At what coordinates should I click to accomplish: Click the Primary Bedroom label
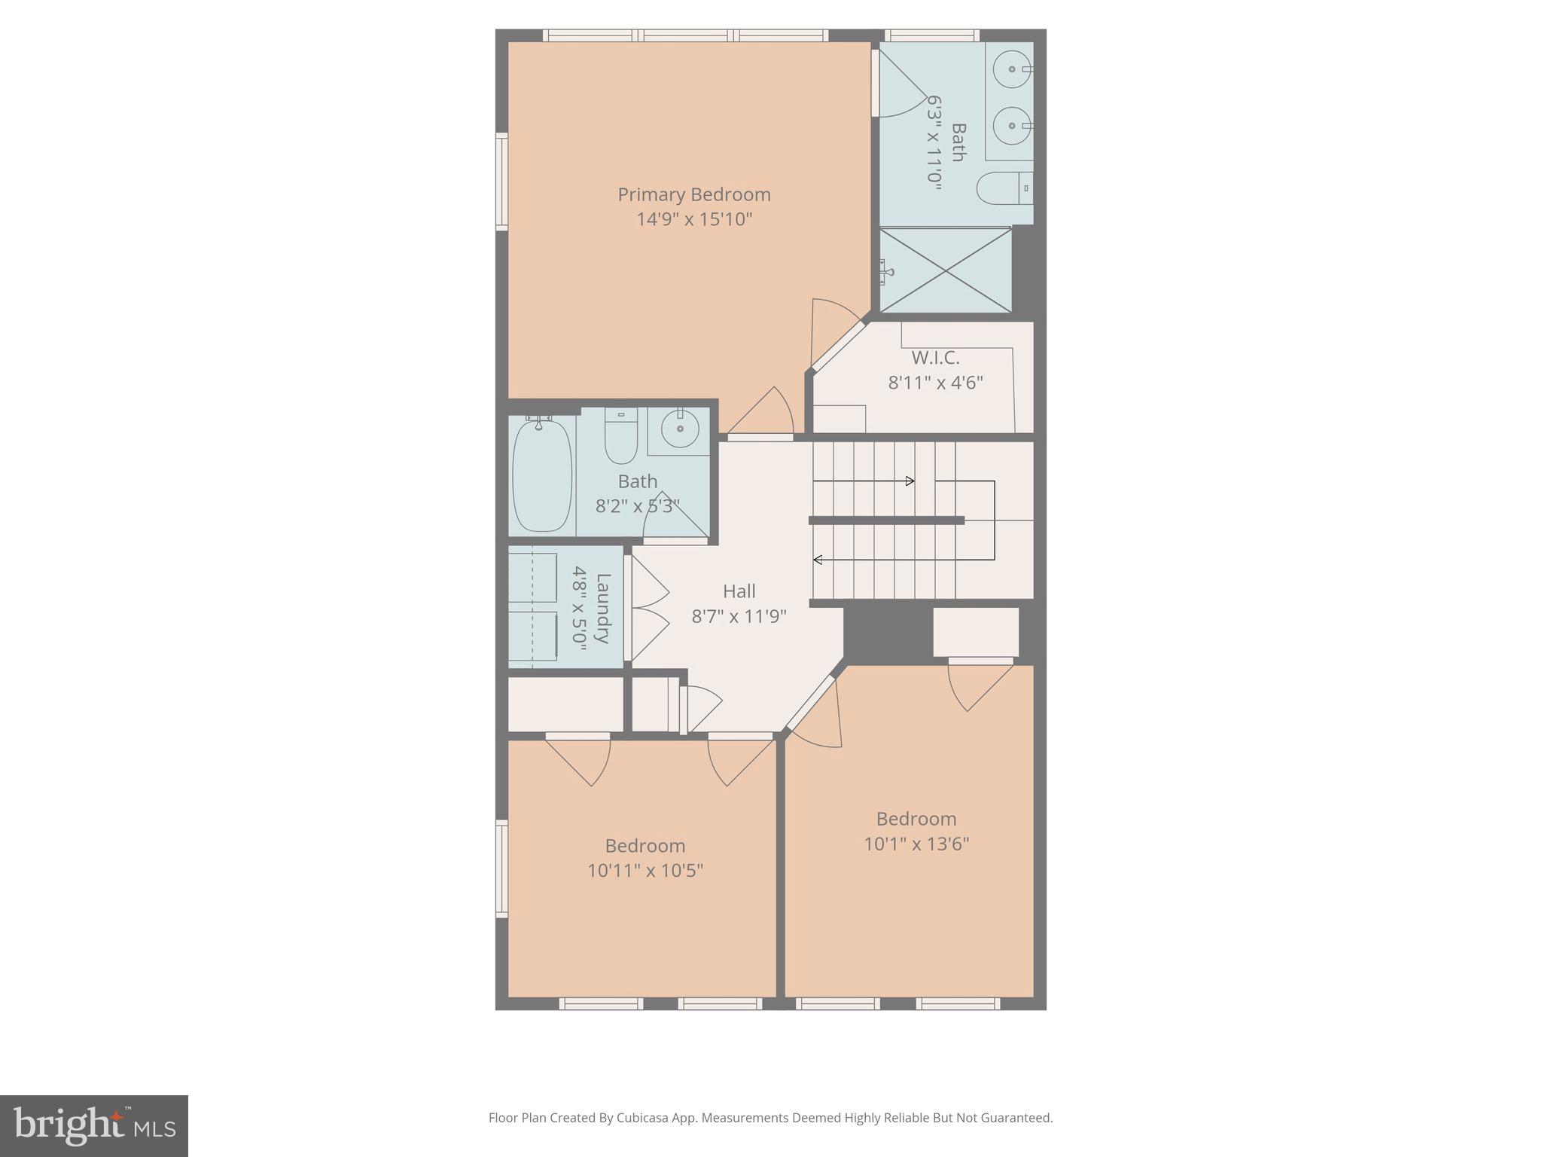pos(693,194)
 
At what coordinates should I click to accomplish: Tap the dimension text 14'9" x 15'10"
pos(693,219)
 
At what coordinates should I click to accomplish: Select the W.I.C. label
pos(935,358)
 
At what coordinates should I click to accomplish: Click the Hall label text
pos(739,591)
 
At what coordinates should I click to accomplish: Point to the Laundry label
pos(602,608)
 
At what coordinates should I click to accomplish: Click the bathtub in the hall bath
pos(541,476)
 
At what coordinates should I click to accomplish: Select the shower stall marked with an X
pos(946,270)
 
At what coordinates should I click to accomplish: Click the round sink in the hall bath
pos(680,429)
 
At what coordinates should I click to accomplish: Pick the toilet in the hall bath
pos(621,437)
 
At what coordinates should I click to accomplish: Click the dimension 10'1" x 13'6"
pos(916,844)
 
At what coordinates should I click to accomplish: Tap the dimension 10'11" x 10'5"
pos(645,871)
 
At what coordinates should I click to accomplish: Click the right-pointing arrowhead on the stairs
pos(910,481)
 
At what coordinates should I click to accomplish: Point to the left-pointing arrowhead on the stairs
pos(818,560)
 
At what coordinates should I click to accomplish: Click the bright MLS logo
pos(94,1125)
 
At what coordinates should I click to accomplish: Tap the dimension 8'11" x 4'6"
pos(935,383)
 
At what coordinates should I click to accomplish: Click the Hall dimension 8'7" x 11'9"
pos(739,617)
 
